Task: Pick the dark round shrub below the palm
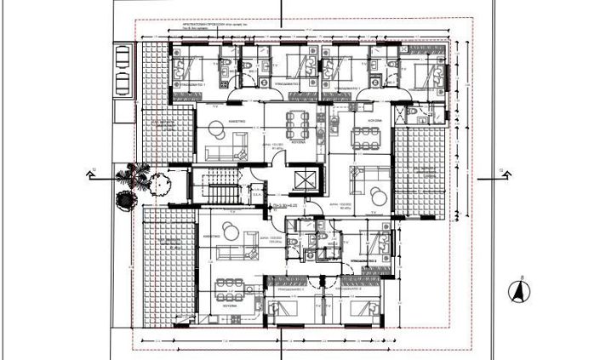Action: (x=125, y=200)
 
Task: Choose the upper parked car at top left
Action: (x=122, y=57)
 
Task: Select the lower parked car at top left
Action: (x=122, y=83)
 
